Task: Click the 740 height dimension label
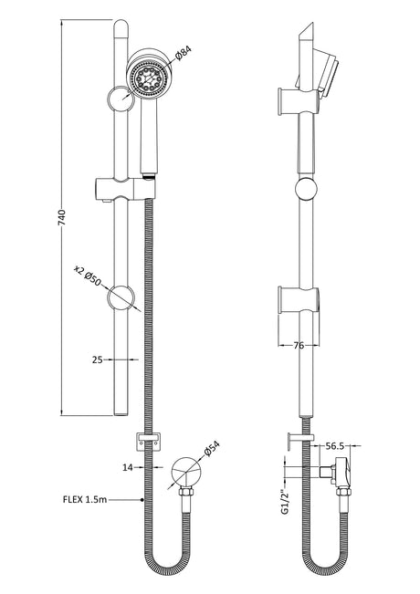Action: [62, 217]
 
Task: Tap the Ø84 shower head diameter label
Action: [184, 53]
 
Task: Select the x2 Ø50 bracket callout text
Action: [87, 276]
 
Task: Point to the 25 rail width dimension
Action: [98, 360]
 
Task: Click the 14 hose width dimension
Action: [128, 467]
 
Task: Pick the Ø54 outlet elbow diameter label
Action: [212, 449]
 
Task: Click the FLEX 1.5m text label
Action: [85, 500]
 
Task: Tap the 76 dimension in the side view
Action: [299, 345]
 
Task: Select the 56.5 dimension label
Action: [335, 446]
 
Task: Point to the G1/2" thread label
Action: [286, 503]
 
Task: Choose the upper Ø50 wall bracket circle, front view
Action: [121, 99]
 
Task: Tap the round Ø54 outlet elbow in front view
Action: [186, 471]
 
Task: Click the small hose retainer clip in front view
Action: [148, 442]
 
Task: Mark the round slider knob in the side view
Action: [306, 189]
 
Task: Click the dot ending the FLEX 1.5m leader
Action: [142, 500]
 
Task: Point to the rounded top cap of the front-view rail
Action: [121, 27]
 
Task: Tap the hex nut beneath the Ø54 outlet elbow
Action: [186, 492]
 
